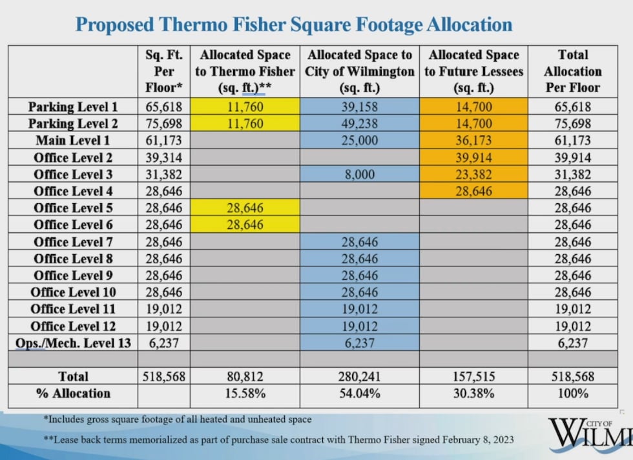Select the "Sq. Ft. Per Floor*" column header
point(164,72)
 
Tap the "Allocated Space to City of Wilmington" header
point(360,72)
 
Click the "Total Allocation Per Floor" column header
point(572,72)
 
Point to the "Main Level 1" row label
point(68,141)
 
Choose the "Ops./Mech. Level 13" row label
point(73,343)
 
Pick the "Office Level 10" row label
point(73,292)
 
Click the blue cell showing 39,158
point(360,106)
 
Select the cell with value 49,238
point(360,123)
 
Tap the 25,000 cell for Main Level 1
point(360,141)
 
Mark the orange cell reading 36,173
point(473,141)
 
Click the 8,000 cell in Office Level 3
point(360,174)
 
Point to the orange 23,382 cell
point(473,174)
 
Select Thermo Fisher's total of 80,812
point(245,376)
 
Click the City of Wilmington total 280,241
point(360,376)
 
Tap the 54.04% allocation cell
point(360,393)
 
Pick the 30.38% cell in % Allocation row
point(473,393)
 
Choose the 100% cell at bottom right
point(572,393)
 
